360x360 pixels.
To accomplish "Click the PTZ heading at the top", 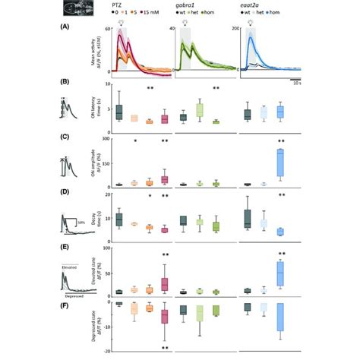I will pos(122,4).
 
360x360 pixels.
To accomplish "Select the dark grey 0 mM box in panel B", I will pos(118,110).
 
